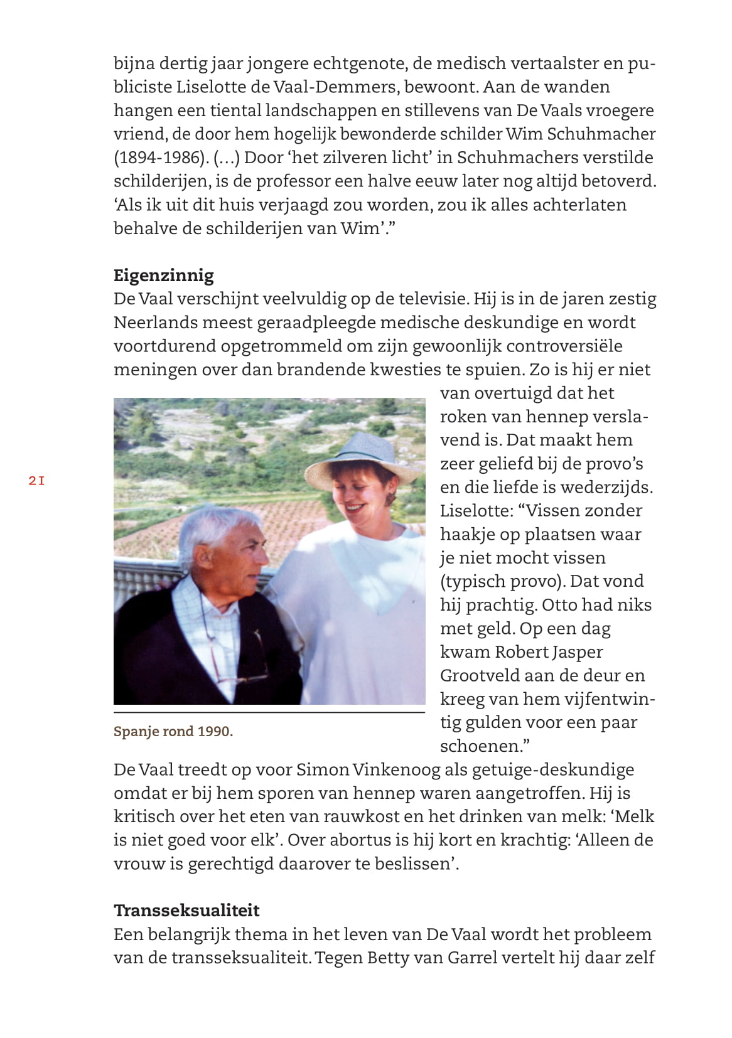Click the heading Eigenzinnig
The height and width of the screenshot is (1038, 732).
pyautogui.click(x=163, y=276)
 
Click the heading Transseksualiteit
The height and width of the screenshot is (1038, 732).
pyautogui.click(x=186, y=911)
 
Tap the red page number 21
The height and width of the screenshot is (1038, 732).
pyautogui.click(x=37, y=481)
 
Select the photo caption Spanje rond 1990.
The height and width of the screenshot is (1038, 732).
pyautogui.click(x=173, y=732)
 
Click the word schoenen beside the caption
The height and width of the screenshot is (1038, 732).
pyautogui.click(x=480, y=746)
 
